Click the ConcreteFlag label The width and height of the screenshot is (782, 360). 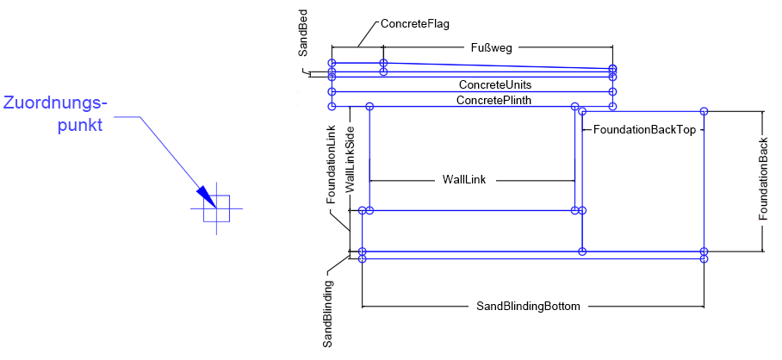414,24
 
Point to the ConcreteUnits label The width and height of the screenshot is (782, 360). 494,84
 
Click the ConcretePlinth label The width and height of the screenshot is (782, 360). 493,100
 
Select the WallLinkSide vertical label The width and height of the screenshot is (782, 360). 350,159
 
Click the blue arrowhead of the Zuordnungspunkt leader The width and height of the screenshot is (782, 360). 205,196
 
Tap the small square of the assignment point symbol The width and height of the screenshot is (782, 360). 216,208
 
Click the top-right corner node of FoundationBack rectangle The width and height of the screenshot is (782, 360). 704,111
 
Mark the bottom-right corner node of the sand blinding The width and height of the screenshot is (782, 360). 704,258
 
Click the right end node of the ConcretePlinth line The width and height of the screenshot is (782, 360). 612,106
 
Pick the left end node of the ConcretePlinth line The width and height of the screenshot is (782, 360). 332,106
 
